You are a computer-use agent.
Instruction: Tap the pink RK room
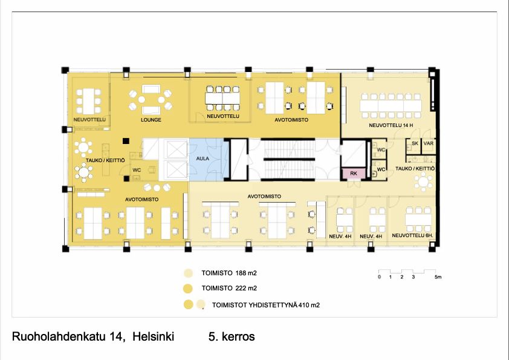coord(354,174)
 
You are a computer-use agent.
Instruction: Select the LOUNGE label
coord(151,120)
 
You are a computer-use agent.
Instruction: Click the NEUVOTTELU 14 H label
coord(391,125)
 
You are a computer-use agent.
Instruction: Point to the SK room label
coord(415,143)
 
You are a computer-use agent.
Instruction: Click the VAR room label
coord(428,143)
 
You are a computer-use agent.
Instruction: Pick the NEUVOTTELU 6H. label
coord(413,235)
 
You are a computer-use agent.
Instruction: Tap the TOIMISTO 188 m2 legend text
coord(229,273)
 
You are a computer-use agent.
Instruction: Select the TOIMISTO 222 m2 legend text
coord(229,288)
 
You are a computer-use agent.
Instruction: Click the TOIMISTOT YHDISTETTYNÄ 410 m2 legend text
coord(266,305)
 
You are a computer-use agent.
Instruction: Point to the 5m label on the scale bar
coord(438,277)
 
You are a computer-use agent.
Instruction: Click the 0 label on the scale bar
coord(379,277)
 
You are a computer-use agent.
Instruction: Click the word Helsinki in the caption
coord(153,336)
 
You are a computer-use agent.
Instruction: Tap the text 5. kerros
coord(232,336)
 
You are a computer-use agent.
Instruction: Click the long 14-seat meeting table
coord(391,106)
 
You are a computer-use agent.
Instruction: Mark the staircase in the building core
coord(288,159)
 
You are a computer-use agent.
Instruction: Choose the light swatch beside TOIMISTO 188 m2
coord(188,273)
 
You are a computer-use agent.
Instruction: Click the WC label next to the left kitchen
coord(137,170)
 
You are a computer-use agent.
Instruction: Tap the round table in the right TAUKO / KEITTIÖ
coord(423,182)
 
